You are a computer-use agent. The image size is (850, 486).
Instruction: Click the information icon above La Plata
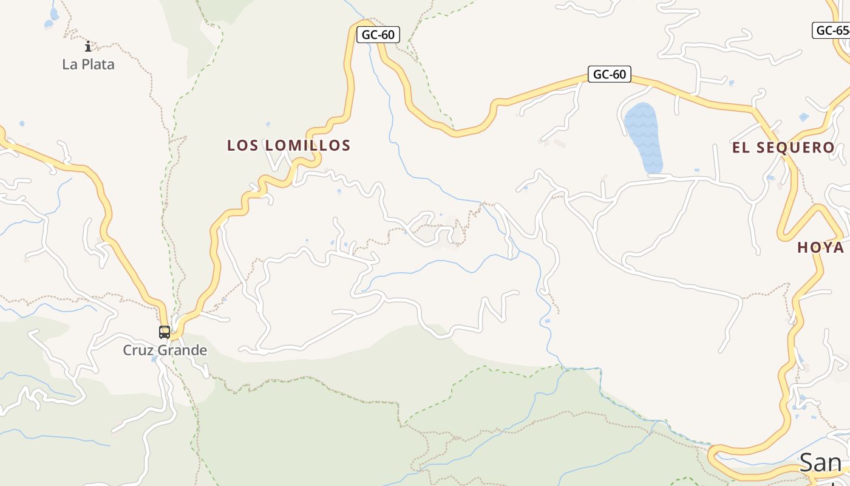click(x=88, y=46)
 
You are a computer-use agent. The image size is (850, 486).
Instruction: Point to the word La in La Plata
click(x=69, y=64)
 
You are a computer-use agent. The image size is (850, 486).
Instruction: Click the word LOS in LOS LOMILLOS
click(x=239, y=146)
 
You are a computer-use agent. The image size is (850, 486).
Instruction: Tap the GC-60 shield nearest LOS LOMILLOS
click(x=378, y=35)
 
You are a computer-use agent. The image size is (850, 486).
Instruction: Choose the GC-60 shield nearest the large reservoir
click(x=609, y=75)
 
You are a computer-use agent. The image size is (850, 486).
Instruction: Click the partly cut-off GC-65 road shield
click(x=831, y=30)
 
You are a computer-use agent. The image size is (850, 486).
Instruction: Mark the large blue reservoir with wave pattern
click(x=643, y=137)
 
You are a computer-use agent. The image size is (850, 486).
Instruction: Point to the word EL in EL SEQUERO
click(x=742, y=148)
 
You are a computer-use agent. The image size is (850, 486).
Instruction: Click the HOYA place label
click(x=820, y=248)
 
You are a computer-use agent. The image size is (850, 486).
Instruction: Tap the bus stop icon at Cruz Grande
click(x=165, y=332)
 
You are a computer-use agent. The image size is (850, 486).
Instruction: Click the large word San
click(x=820, y=462)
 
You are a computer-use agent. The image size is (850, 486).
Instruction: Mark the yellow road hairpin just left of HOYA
click(x=783, y=234)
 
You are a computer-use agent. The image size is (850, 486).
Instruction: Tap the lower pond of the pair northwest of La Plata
click(x=48, y=24)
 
